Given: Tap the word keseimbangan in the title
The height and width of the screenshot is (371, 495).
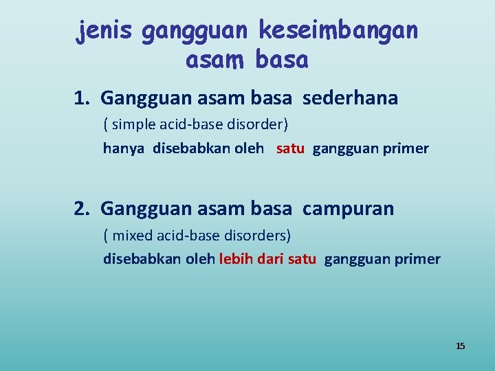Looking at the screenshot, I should click(338, 30).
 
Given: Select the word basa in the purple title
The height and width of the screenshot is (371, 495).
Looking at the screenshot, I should click(281, 60).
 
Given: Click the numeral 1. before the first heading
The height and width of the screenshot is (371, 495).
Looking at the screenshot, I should click(83, 98).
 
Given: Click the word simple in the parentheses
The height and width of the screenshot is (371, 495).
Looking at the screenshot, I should click(131, 125).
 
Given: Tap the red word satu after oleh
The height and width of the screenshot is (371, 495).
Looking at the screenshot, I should click(290, 148).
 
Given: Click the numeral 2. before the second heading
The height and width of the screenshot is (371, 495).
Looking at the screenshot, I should click(83, 208).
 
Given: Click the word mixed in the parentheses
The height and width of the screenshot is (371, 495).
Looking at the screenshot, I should click(131, 236).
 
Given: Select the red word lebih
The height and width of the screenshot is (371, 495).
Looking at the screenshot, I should click(235, 259).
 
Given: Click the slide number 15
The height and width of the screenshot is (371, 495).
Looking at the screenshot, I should click(460, 346).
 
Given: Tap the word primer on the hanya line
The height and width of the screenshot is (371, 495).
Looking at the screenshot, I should click(408, 148).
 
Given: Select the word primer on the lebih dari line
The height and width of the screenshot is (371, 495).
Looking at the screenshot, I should click(420, 259).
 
